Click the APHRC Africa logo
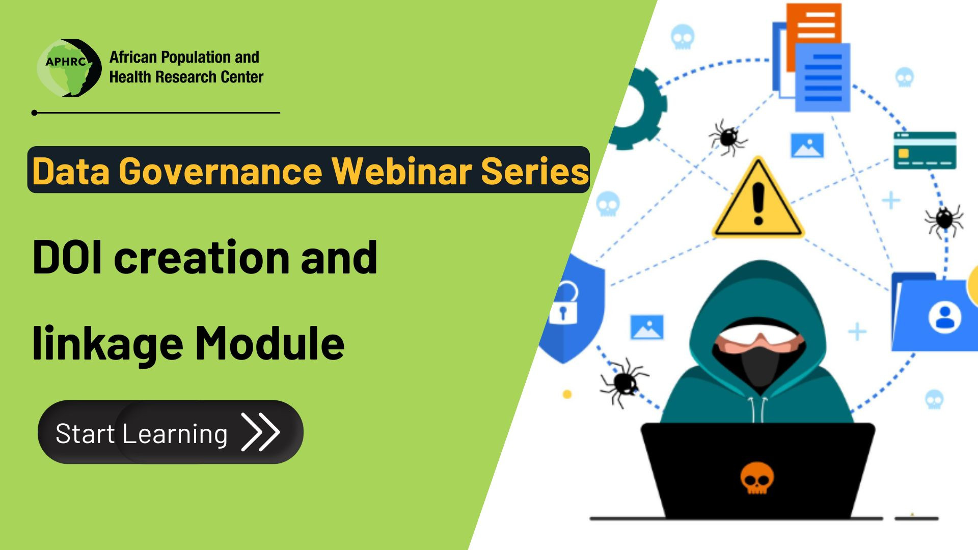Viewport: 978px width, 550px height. pyautogui.click(x=69, y=68)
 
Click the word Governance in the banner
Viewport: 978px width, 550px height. pyautogui.click(x=221, y=171)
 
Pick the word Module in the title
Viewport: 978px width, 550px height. pyautogui.click(x=270, y=342)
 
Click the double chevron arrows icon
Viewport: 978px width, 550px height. pyautogui.click(x=260, y=432)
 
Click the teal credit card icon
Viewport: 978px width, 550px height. pyautogui.click(x=925, y=150)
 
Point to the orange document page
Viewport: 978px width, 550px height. pyautogui.click(x=813, y=31)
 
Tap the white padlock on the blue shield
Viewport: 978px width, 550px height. pyautogui.click(x=564, y=304)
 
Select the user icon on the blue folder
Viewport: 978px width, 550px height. pyautogui.click(x=945, y=317)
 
